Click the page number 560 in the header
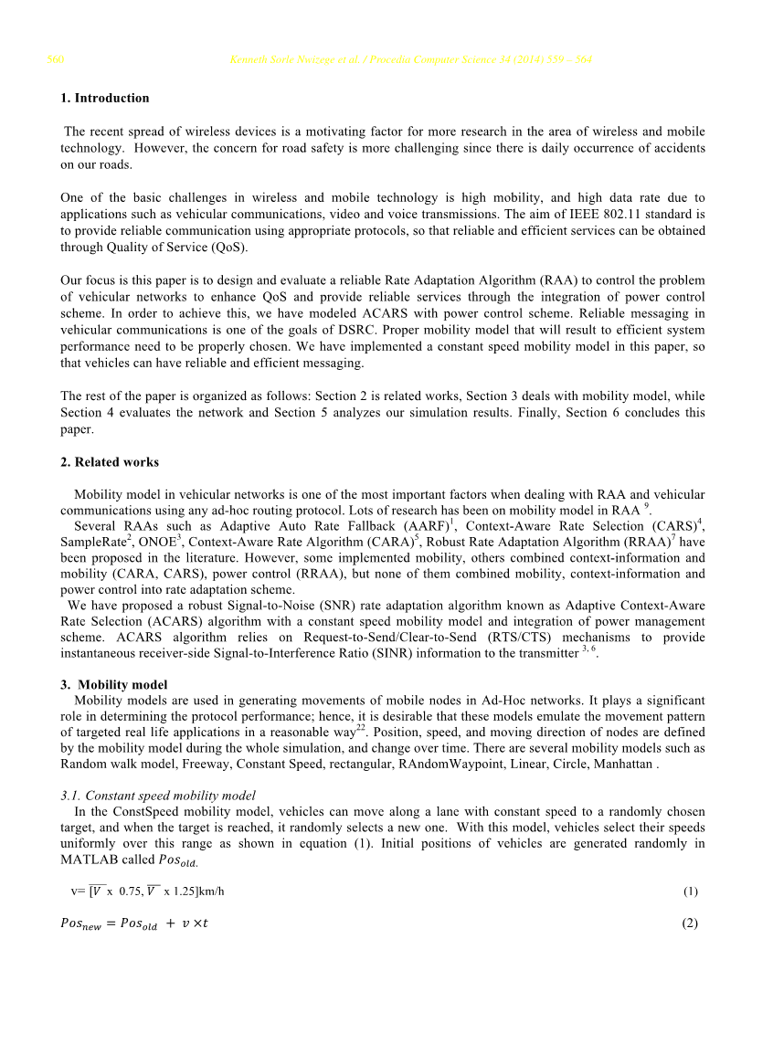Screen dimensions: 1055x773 (x=55, y=60)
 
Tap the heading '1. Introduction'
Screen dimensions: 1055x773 (x=105, y=98)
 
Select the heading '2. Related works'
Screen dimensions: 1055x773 (x=110, y=462)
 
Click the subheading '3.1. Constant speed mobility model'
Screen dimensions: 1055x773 (x=158, y=796)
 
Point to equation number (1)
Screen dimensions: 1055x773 (x=691, y=891)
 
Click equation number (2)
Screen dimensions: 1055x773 (x=690, y=923)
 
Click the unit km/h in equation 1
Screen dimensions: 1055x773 (x=210, y=891)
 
